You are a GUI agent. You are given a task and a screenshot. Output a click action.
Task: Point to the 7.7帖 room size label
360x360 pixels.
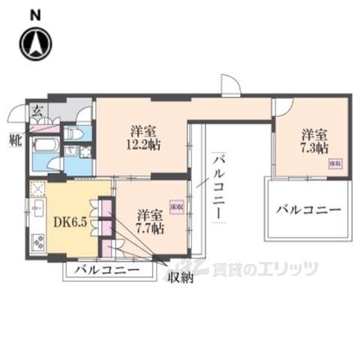pyautogui.click(x=148, y=226)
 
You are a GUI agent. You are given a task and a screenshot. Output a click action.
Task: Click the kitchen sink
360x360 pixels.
pyautogui.click(x=37, y=214)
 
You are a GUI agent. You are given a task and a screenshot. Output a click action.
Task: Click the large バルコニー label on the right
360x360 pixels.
pyautogui.click(x=307, y=209)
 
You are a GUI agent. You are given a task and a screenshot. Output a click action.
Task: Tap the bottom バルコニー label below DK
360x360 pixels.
pyautogui.click(x=107, y=269)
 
